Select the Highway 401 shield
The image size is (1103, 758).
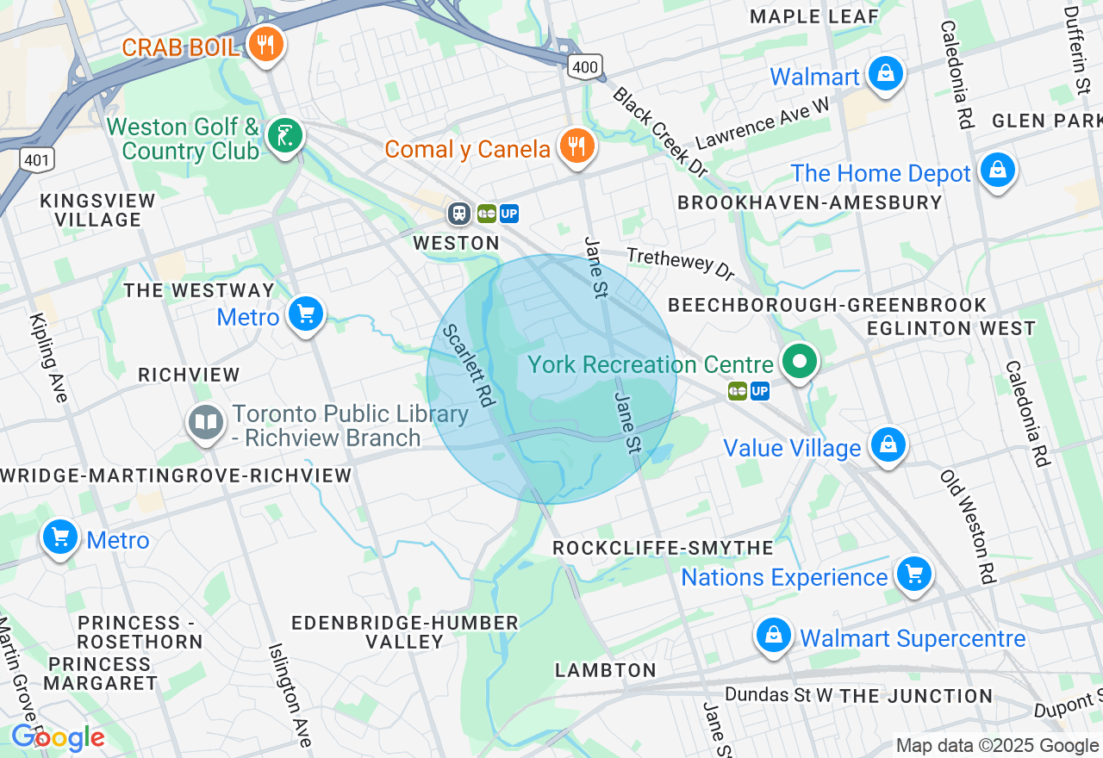click(37, 158)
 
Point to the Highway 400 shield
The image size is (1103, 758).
click(584, 66)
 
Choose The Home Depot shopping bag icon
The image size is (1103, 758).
click(997, 170)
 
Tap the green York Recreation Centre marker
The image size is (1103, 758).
click(800, 361)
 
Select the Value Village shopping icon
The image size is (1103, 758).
click(887, 445)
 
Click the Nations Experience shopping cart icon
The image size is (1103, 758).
click(913, 574)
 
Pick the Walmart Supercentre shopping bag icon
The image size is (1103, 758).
click(773, 636)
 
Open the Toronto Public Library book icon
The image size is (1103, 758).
click(206, 423)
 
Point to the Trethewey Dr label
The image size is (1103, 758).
click(681, 264)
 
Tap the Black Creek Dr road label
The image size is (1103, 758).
click(660, 132)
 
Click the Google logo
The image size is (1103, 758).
click(58, 737)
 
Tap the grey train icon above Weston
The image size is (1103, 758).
click(458, 213)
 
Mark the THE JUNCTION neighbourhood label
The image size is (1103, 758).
click(916, 696)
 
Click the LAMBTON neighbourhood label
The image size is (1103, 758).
click(606, 670)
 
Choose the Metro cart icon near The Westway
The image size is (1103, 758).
click(305, 314)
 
